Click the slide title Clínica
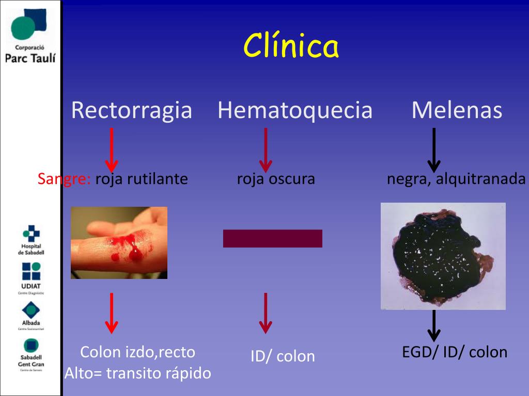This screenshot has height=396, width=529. (291, 46)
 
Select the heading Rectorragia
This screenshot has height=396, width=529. (131, 110)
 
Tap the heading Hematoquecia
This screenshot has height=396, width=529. (295, 110)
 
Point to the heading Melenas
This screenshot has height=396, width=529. (457, 110)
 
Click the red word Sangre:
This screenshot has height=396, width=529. (64, 179)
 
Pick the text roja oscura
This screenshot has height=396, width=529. (276, 179)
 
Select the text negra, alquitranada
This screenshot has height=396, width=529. (456, 179)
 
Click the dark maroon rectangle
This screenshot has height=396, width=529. (273, 238)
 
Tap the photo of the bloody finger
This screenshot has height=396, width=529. (119, 243)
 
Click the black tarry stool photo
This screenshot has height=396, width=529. (443, 256)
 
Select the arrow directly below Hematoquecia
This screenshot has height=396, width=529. (266, 150)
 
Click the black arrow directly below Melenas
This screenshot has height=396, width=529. (434, 150)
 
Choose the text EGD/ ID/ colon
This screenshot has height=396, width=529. (455, 352)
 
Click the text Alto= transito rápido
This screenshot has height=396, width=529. (138, 373)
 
